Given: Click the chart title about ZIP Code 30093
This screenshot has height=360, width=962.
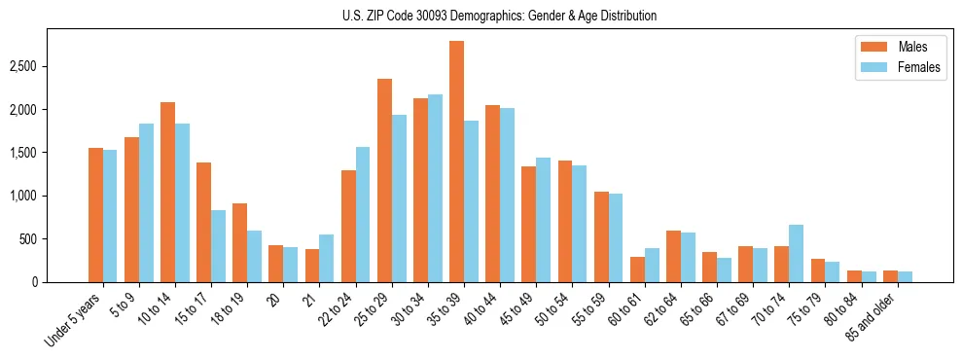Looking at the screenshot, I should [499, 16].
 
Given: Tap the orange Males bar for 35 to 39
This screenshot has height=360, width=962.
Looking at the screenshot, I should [456, 162].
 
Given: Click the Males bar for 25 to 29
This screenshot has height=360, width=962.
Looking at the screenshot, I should [384, 180].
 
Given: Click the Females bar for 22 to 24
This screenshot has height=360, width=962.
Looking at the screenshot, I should [363, 214].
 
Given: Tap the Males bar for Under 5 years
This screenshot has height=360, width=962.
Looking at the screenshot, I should [95, 215].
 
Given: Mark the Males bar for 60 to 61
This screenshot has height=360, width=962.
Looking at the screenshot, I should [637, 270].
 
